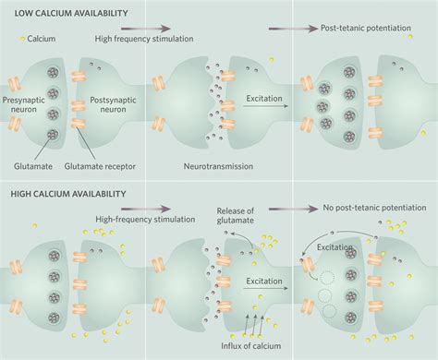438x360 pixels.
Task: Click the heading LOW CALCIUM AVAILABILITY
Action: [69, 14]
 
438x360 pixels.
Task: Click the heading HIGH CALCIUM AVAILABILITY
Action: [70, 195]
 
